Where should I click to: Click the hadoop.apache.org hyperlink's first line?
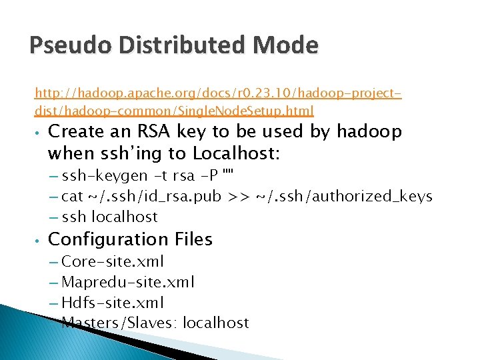click(x=218, y=93)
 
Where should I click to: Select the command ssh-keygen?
click(x=104, y=176)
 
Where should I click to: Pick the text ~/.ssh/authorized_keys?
click(x=345, y=197)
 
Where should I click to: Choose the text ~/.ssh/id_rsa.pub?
click(x=159, y=197)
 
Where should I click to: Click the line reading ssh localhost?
click(x=109, y=217)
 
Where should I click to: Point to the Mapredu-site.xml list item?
click(x=127, y=282)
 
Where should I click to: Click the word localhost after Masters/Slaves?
click(x=215, y=323)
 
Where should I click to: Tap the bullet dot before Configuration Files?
click(x=39, y=239)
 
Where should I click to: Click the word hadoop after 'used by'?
click(x=369, y=132)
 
